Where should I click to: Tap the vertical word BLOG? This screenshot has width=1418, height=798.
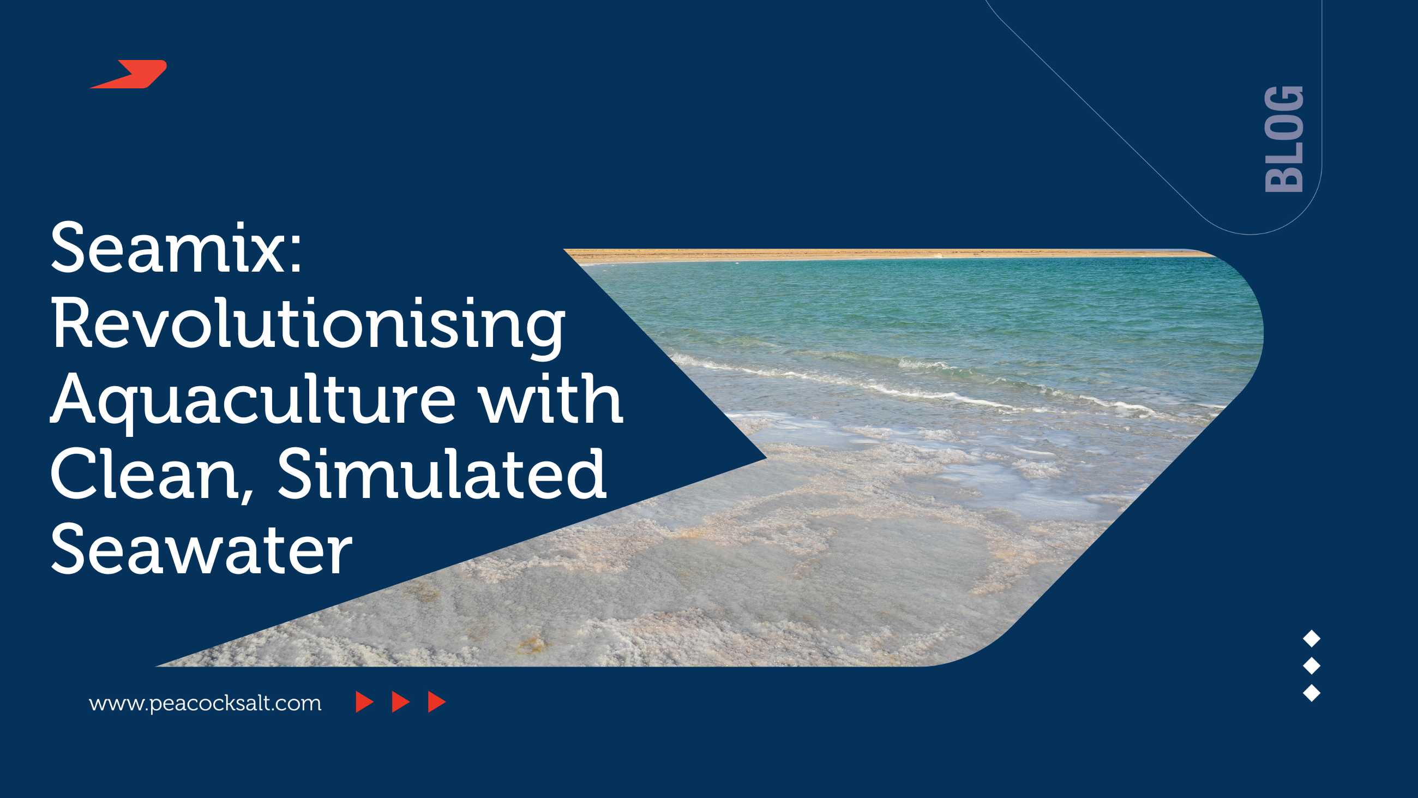click(1284, 139)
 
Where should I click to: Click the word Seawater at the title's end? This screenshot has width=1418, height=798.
click(201, 549)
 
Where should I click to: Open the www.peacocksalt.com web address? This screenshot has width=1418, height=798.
click(205, 703)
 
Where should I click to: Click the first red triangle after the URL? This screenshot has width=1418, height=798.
click(365, 702)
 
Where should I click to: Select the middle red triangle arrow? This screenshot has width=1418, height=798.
click(401, 702)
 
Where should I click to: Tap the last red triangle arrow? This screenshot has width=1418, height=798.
click(437, 702)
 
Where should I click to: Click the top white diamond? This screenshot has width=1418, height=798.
click(1312, 639)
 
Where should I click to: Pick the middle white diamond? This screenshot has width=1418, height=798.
click(1312, 666)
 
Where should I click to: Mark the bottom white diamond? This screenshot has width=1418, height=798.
click(1312, 693)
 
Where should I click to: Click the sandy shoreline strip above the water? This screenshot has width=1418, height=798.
click(881, 254)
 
